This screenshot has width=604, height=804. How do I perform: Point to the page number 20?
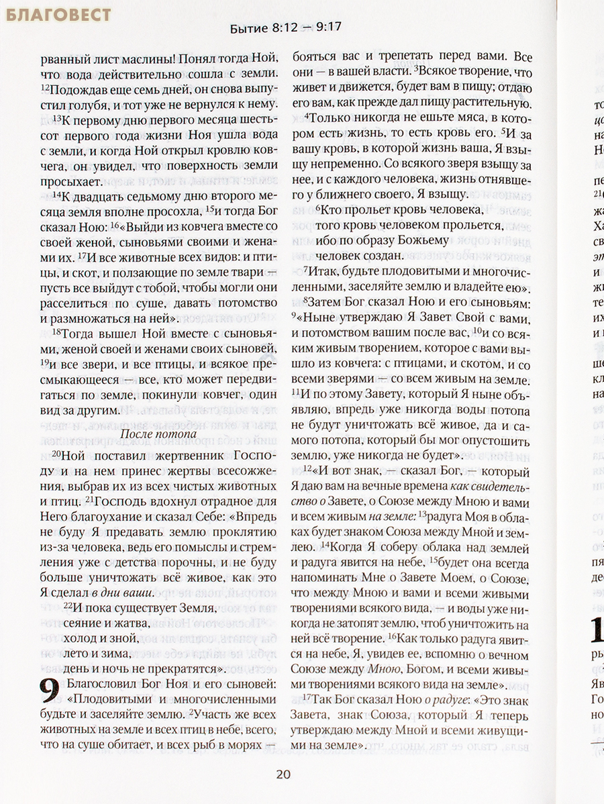[x=283, y=774]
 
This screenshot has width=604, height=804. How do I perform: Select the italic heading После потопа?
[x=158, y=434]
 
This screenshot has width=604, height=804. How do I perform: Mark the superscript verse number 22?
[x=68, y=606]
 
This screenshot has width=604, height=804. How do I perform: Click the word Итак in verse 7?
[x=324, y=272]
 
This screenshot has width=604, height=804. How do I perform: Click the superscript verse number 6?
[x=318, y=208]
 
